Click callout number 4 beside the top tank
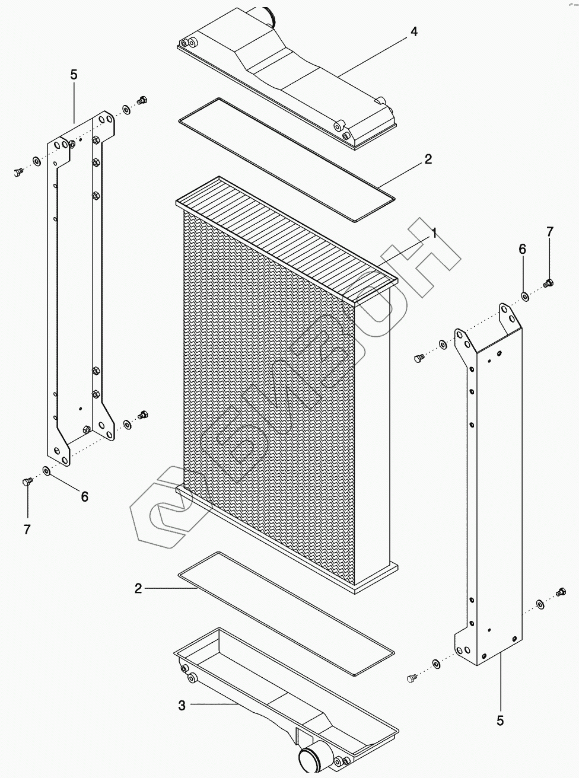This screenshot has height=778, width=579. (x=413, y=31)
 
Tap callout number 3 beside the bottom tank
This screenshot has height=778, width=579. (x=182, y=705)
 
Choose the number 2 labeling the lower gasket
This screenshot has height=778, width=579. (x=138, y=588)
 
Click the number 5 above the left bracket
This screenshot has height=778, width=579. (x=74, y=75)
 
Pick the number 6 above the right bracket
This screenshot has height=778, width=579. (x=522, y=249)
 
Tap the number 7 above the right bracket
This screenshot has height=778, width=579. (x=549, y=231)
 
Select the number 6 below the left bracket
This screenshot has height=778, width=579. (x=84, y=497)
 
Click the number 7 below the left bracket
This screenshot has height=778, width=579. (x=27, y=529)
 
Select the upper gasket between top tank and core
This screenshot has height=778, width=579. (x=285, y=160)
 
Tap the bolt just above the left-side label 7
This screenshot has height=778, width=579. (x=26, y=482)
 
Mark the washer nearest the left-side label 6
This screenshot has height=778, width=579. (x=46, y=471)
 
